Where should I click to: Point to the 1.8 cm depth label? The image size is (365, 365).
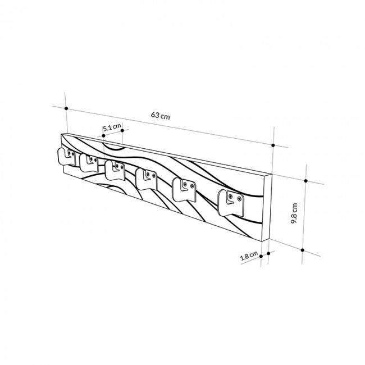249,256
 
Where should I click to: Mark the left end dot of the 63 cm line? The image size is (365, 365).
66,108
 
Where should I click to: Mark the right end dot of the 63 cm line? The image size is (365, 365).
273,145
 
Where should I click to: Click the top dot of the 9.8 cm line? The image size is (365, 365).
306,181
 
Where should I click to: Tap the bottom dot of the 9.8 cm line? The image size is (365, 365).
302,249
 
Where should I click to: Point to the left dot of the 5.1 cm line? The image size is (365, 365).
103,135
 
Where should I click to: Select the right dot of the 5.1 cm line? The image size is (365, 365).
122,130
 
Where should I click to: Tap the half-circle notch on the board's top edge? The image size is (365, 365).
115,148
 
